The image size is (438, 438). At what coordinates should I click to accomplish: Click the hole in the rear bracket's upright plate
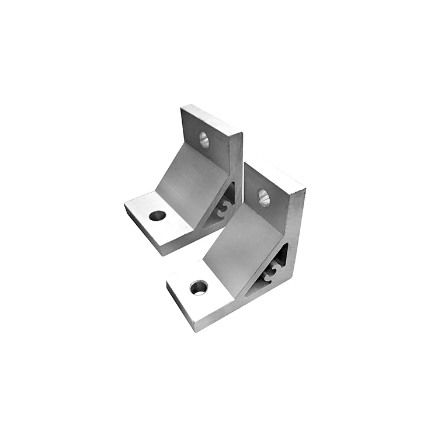[204, 139]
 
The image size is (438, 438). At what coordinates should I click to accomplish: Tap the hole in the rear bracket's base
[157, 215]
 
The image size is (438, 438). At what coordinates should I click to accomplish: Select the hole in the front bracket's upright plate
[265, 197]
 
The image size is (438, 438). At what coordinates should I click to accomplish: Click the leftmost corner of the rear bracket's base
[124, 204]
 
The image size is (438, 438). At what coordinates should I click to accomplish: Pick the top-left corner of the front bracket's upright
[245, 165]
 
